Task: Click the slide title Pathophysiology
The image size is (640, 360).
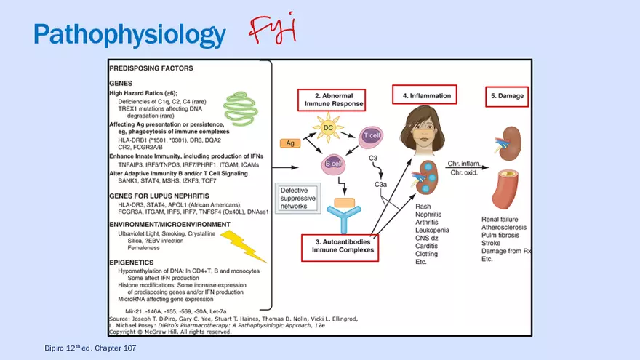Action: coord(129,34)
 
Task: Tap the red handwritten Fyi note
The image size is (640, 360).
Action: coord(273,30)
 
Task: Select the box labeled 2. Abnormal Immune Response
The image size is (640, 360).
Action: coord(331,100)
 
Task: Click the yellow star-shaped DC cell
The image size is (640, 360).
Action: coord(328,128)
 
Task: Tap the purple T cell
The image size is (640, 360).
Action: coord(371,136)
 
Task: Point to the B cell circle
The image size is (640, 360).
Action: coord(333,164)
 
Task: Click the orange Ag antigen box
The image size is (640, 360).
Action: coord(290,144)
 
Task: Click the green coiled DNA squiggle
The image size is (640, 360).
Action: coord(240,106)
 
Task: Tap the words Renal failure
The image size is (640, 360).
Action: coord(500,219)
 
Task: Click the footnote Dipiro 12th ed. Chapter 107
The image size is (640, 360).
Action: coord(90,348)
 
